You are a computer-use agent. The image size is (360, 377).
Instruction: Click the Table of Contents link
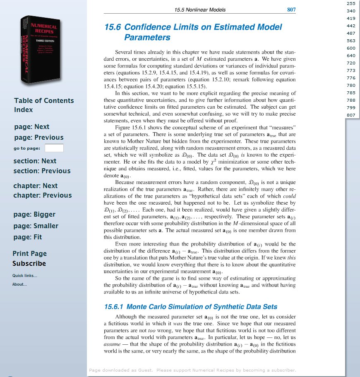tap(44, 100)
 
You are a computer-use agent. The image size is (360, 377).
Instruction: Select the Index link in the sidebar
tap(23, 110)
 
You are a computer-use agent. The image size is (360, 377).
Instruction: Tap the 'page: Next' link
tap(31, 126)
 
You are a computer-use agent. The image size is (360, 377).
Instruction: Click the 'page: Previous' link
tap(38, 137)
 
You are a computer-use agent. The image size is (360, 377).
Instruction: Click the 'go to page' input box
tap(54, 148)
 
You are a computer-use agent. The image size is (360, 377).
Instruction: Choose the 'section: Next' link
tap(35, 161)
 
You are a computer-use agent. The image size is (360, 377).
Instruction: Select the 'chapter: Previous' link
tap(42, 195)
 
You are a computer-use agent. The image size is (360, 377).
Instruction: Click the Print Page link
tap(29, 253)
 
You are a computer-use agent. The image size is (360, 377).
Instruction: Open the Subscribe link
tap(29, 263)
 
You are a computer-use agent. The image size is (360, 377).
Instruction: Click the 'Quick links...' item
tap(24, 276)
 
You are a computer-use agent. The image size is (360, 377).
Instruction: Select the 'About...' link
tap(19, 284)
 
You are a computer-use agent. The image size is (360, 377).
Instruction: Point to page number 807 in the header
tap(291, 10)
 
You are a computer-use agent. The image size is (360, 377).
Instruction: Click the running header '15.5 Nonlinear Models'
tap(200, 10)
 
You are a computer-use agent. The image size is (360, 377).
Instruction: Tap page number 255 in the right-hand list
tap(351, 3)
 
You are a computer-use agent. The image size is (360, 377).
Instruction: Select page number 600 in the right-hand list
tap(351, 48)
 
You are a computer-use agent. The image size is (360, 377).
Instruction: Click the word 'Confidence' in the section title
tap(152, 27)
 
